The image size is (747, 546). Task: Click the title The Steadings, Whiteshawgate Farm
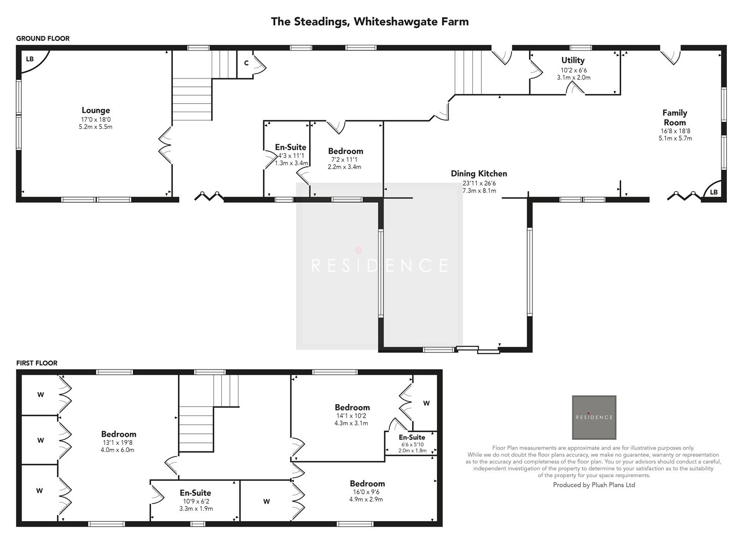click(369, 22)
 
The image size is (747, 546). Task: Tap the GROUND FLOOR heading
click(43, 38)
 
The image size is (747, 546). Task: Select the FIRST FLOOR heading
click(37, 363)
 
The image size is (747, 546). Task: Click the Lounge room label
click(95, 110)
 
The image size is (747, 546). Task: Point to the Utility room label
click(573, 60)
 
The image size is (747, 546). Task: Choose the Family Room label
click(675, 117)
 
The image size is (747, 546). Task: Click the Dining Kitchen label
click(479, 173)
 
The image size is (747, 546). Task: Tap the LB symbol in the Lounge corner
click(30, 59)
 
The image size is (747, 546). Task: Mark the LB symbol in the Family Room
click(713, 192)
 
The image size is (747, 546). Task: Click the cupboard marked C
click(246, 63)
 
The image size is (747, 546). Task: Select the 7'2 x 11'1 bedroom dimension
click(344, 159)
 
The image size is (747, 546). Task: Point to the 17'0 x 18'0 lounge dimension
click(95, 119)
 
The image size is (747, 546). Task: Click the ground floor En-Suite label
click(290, 147)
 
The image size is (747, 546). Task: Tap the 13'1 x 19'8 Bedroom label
click(119, 434)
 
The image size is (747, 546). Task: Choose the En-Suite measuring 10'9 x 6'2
click(195, 492)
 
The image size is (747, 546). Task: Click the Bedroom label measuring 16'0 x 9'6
click(367, 483)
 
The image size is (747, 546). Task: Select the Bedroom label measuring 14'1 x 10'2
click(352, 407)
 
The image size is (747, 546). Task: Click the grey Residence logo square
click(593, 417)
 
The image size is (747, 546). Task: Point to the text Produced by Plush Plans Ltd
click(593, 485)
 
